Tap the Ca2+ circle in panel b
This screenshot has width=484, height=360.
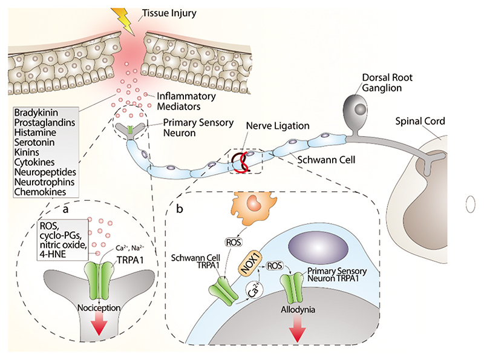252,292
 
